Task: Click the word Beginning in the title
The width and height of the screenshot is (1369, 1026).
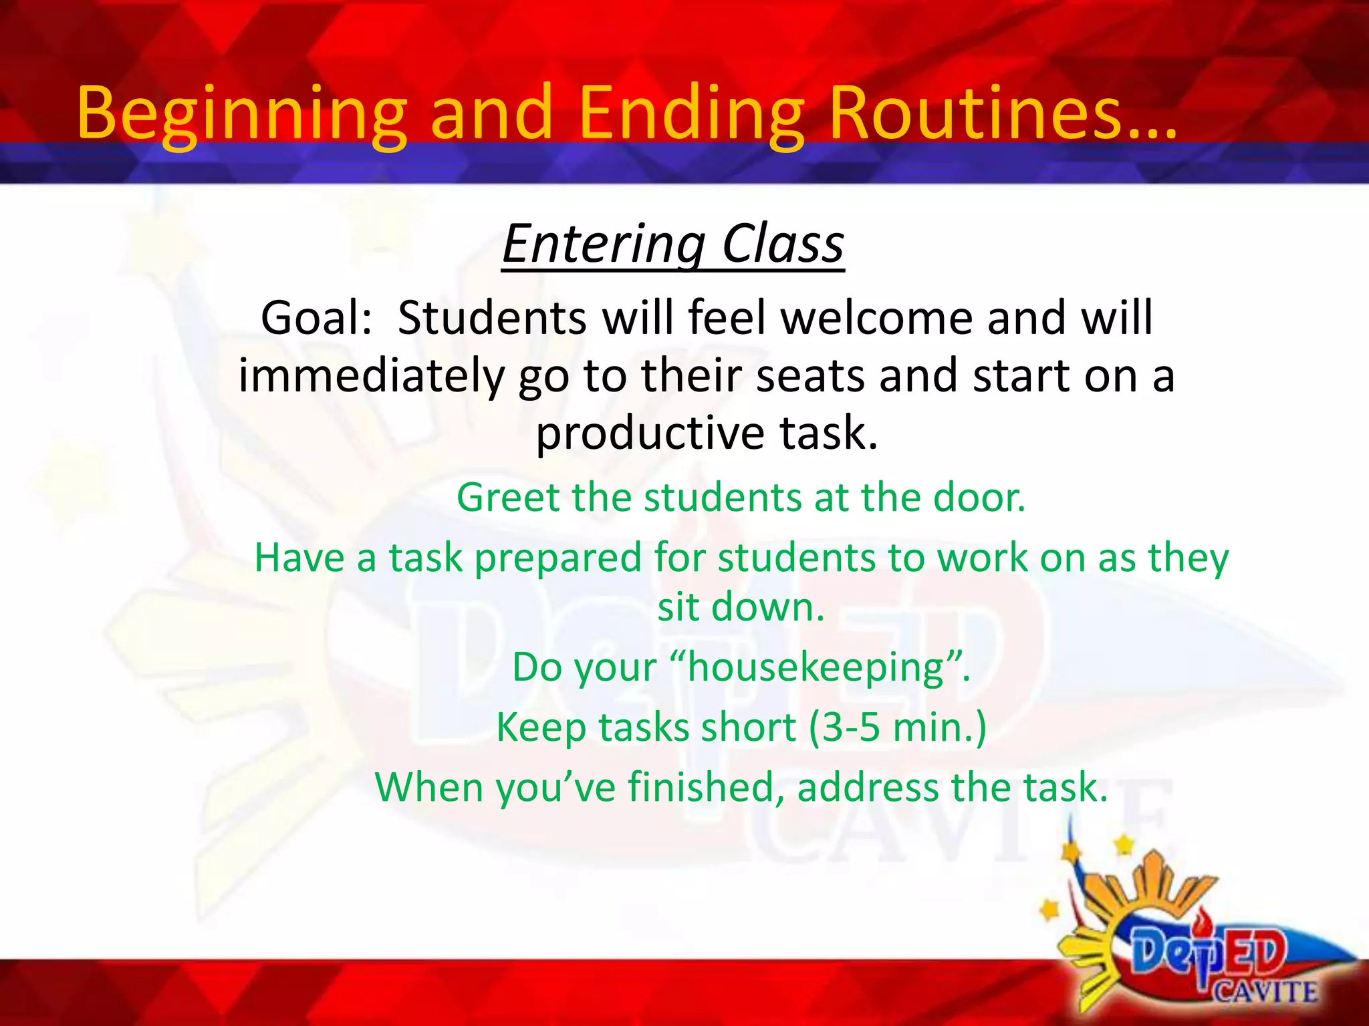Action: [241, 114]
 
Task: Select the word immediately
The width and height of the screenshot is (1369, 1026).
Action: [371, 375]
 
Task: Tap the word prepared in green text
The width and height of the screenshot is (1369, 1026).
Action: [557, 558]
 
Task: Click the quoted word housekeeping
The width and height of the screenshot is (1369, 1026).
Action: [816, 667]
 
